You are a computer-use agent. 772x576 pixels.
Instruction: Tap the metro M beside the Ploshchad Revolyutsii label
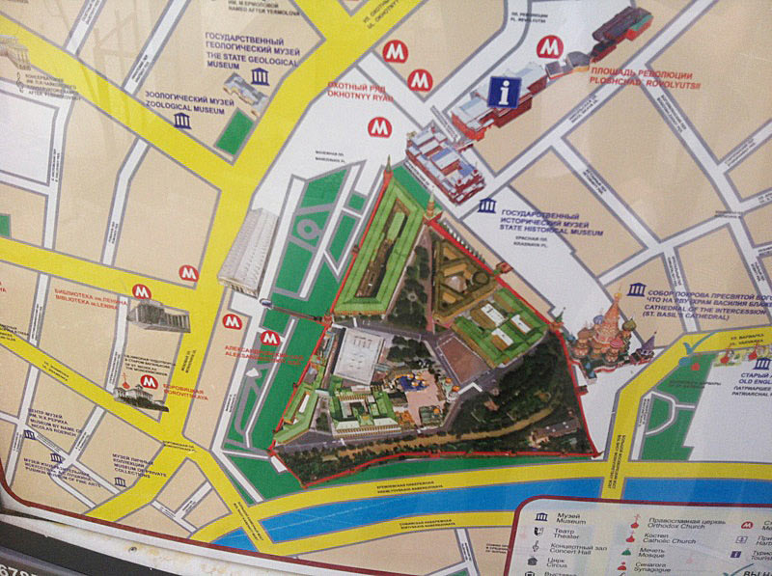pos(549,46)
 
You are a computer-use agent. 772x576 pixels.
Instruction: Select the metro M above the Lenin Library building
pos(143,290)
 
